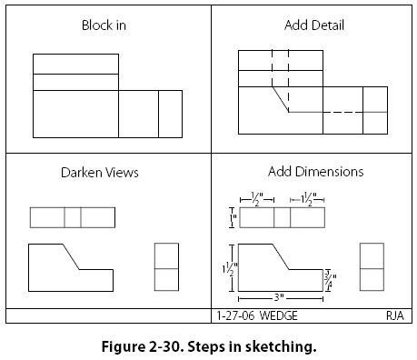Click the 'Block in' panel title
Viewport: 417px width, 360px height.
pos(104,25)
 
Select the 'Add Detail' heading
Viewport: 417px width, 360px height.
pos(314,25)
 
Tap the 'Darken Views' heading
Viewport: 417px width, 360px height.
pos(100,173)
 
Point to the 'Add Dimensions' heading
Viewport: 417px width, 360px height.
pos(315,172)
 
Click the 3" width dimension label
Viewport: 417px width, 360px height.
pos(279,297)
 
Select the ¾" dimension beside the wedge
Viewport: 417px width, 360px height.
pos(331,280)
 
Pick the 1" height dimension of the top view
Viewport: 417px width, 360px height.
pos(233,217)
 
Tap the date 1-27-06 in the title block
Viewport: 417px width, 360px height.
pos(235,315)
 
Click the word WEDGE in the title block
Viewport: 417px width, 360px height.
pos(279,315)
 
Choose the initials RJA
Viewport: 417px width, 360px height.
pos(395,315)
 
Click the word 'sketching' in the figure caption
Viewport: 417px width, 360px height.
pos(281,346)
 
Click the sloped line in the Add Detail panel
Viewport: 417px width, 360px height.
pos(280,99)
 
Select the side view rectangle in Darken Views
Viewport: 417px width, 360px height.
pos(166,267)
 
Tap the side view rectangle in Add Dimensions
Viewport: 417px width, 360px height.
pos(372,267)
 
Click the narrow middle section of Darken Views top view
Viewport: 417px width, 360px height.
pos(73,217)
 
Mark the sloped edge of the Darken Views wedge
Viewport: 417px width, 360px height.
pos(71,256)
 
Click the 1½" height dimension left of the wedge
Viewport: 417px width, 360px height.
pos(230,268)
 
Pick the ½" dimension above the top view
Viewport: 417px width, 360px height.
pos(257,199)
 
